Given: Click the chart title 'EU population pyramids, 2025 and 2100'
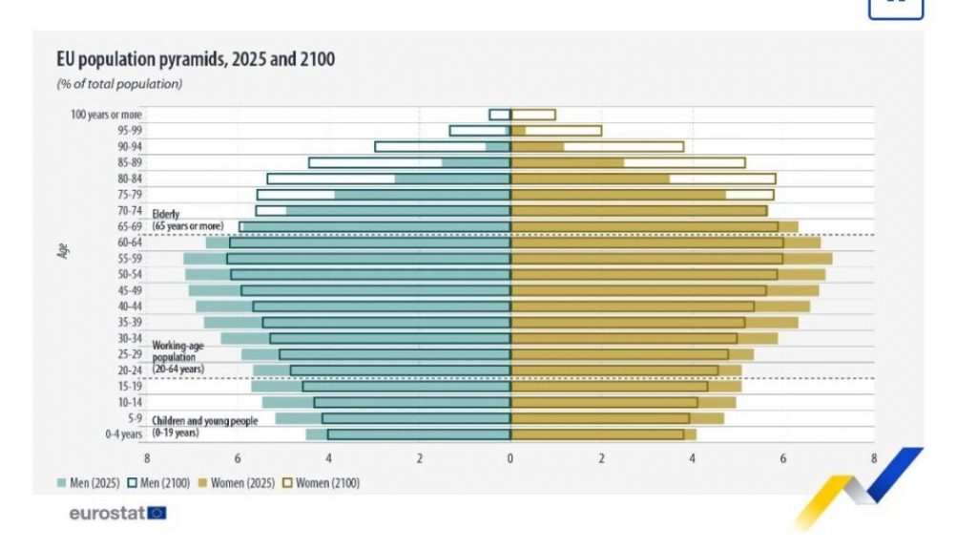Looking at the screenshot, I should coord(196,60).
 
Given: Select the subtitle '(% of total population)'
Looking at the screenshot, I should coord(119,84).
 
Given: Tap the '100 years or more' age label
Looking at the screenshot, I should coord(107,115).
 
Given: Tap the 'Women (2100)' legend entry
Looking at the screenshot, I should coord(324,483).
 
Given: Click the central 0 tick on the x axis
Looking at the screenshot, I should coord(510,458).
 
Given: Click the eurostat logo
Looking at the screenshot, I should coord(117,514).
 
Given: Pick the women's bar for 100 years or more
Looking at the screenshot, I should coord(533,115).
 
